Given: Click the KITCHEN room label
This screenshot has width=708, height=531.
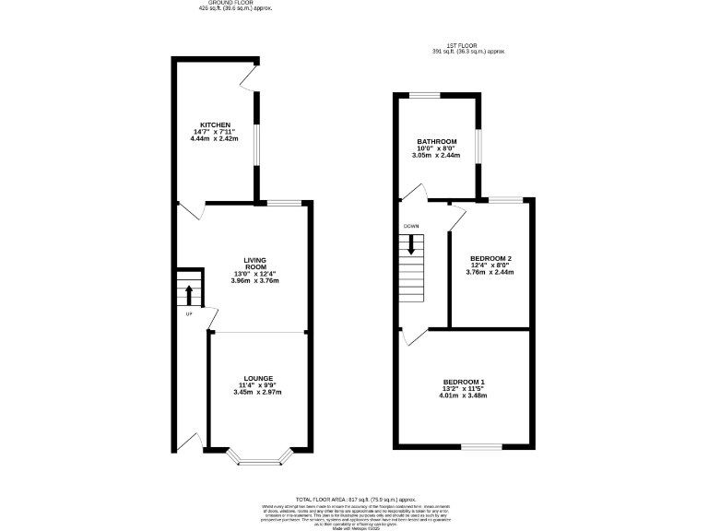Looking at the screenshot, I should point(215,124).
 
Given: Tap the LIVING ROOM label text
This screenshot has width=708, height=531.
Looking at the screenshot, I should point(254,265).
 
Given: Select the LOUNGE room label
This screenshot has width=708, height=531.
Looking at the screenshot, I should point(257,378).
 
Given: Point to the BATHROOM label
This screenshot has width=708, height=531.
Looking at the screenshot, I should point(436,142).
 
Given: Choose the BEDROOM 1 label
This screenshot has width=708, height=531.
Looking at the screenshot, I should point(464,382).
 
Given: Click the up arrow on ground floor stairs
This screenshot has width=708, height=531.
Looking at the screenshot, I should point(188,294).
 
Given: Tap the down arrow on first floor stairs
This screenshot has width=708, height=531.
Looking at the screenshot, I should point(412,244).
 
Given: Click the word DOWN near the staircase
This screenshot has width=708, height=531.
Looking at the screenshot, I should point(411,226).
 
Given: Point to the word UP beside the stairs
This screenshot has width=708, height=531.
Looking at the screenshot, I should point(188,314).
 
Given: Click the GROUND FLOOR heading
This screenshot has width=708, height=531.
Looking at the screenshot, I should point(235,4).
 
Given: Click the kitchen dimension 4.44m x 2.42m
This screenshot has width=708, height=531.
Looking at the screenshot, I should point(215,138).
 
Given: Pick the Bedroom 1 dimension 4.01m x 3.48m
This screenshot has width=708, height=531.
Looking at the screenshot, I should point(464,395).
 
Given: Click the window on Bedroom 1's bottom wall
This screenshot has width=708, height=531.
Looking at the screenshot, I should point(481,448).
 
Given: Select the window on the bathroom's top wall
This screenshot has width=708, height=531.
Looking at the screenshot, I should point(424,94).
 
